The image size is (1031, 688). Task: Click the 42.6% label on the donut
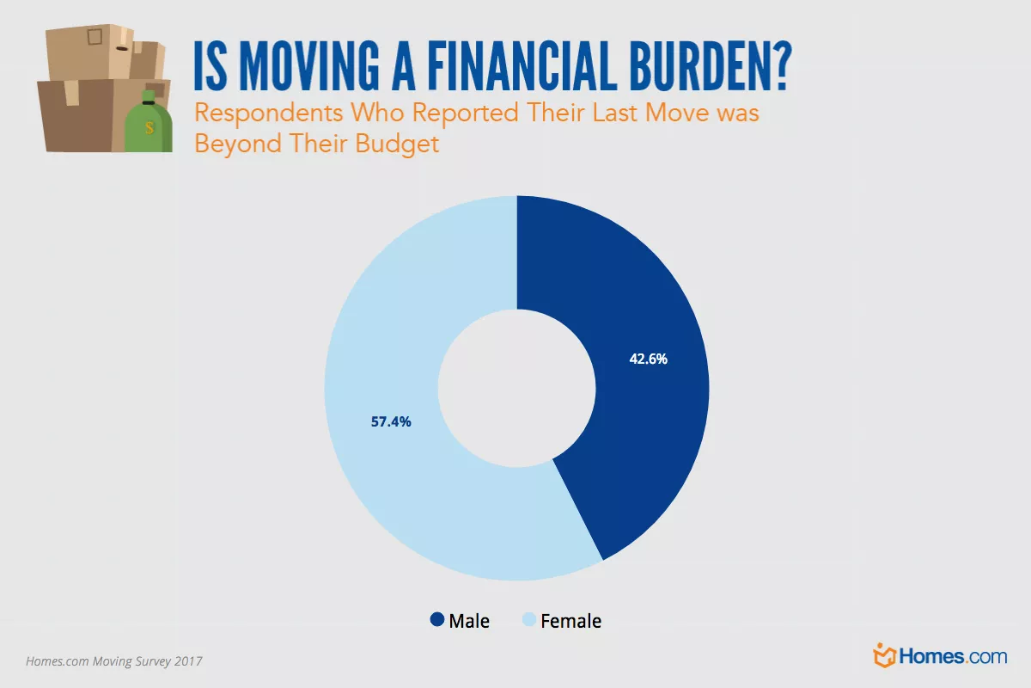[648, 359]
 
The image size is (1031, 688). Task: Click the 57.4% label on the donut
[391, 421]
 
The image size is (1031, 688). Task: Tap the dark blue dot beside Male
[436, 619]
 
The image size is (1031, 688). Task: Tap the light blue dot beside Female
[529, 619]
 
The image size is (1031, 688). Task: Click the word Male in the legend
[469, 621]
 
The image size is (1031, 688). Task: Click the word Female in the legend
[570, 621]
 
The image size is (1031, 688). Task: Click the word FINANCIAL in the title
[522, 66]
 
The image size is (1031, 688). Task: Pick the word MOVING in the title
[309, 66]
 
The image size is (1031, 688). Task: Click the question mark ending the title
[782, 65]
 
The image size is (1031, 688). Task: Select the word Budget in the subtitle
[397, 144]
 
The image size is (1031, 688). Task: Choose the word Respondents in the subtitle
[269, 113]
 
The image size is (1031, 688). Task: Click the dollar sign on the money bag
[149, 127]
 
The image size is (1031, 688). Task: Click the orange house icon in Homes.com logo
[884, 655]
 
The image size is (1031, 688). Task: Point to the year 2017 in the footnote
[188, 661]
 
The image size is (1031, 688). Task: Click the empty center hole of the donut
[516, 388]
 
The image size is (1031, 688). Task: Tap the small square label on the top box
[95, 36]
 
